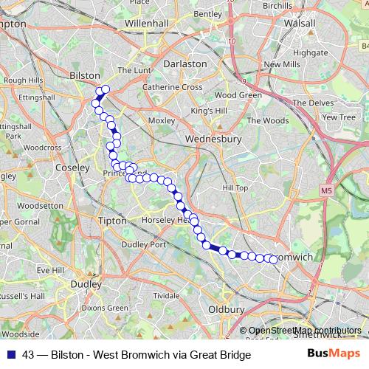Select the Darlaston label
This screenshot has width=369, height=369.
[x=184, y=63]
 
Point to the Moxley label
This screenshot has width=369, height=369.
[x=161, y=120]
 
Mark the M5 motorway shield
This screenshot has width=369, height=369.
[x=326, y=190]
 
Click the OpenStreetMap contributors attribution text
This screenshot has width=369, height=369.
[x=305, y=331]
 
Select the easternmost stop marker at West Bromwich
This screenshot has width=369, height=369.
[x=274, y=259]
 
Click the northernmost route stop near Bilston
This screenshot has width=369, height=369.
[x=105, y=89]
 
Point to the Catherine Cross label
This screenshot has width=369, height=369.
[x=172, y=87]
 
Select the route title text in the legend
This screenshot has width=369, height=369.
[x=137, y=355]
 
